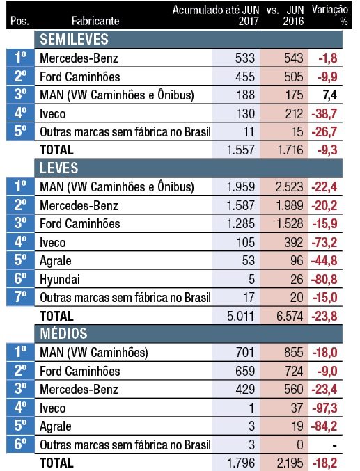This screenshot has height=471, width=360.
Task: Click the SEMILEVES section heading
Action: pyautogui.click(x=74, y=40)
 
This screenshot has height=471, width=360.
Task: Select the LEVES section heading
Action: pyautogui.click(x=59, y=168)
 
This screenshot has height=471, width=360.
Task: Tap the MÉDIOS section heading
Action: pyautogui.click(x=63, y=333)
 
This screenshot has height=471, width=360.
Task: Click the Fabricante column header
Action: pyautogui.click(x=95, y=21)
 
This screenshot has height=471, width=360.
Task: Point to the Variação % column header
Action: pyautogui.click(x=330, y=15)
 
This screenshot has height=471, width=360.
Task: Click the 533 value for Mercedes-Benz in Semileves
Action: pyautogui.click(x=245, y=58)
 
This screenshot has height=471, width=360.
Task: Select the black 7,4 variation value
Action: pyautogui.click(x=329, y=95)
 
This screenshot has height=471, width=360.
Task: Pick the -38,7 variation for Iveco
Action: pyautogui.click(x=324, y=114)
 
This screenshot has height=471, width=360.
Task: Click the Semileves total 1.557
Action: pyautogui.click(x=241, y=150)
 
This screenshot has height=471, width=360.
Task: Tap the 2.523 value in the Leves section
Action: pyautogui.click(x=290, y=187)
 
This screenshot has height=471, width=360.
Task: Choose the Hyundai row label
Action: pyautogui.click(x=60, y=280)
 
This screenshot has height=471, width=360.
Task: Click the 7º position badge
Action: pyautogui.click(x=20, y=297)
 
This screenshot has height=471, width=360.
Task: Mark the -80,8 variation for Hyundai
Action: pyautogui.click(x=324, y=280)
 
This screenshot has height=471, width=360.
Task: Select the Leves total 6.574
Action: pyautogui.click(x=290, y=316)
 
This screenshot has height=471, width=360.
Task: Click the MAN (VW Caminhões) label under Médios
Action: pyautogui.click(x=94, y=352)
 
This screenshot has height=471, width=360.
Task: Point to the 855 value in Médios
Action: pyautogui.click(x=294, y=352)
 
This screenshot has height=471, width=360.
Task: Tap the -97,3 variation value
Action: pyautogui.click(x=324, y=408)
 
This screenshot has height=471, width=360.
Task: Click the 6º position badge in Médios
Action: pyautogui.click(x=20, y=444)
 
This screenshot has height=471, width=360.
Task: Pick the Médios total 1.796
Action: pyautogui.click(x=241, y=463)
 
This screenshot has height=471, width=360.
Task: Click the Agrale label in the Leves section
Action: pyautogui.click(x=56, y=261)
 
